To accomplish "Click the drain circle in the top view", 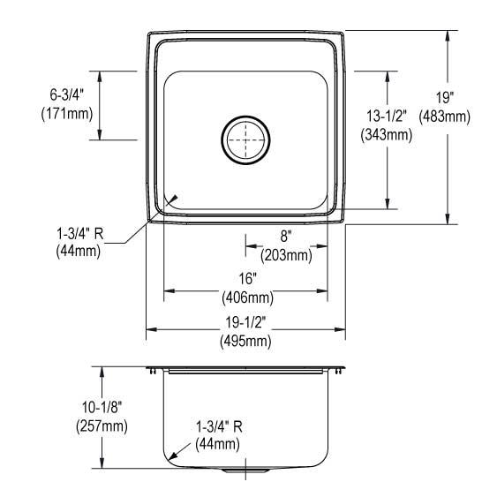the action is [x=245, y=117].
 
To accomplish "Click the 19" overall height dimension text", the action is [x=444, y=97].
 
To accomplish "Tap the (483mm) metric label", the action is [x=444, y=117].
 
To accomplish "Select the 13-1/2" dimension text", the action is [x=387, y=116].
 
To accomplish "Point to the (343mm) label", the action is [x=387, y=135].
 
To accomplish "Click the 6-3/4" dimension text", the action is [x=67, y=94].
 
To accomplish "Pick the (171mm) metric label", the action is [x=67, y=114].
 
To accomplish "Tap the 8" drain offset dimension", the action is [x=286, y=236].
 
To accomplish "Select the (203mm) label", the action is [x=286, y=255].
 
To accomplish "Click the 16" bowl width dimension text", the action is [x=247, y=279].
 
